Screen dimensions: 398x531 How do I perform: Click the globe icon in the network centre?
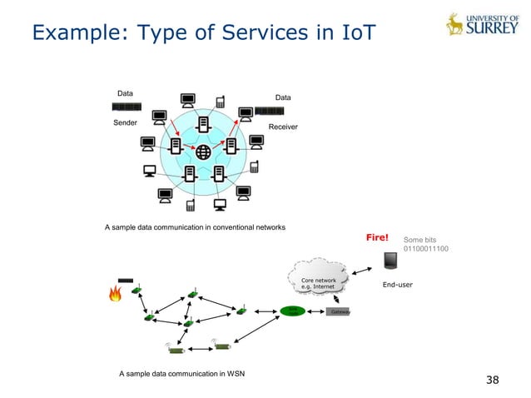(201, 152)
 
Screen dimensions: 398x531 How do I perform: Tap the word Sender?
(126, 122)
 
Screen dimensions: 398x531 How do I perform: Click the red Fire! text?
(378, 238)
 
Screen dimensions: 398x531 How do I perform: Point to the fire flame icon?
(115, 293)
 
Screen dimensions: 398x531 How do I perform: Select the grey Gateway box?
(338, 311)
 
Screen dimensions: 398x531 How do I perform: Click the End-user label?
(398, 285)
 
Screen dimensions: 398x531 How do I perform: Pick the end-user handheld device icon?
(390, 260)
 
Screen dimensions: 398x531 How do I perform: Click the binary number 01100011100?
(426, 249)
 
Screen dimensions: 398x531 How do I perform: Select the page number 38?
(493, 380)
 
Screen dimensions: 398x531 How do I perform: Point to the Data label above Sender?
(126, 93)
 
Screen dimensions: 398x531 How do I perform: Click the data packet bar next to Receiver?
(270, 111)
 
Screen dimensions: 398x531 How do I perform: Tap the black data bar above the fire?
(126, 281)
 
